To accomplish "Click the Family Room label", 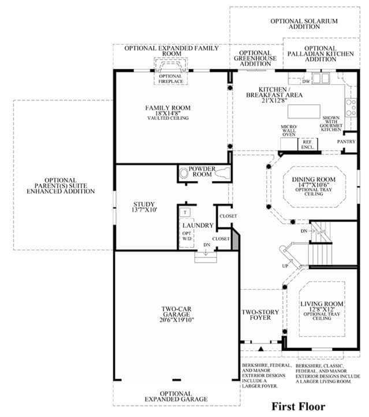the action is (x=168, y=113).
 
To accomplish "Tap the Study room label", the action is (x=145, y=207).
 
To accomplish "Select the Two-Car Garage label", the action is (x=177, y=315).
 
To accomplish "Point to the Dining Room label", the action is (x=314, y=186).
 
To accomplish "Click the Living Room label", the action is (x=322, y=311).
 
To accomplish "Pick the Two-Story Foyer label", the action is (x=260, y=315).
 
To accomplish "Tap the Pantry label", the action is (x=346, y=142).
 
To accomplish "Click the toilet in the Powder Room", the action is (x=222, y=173).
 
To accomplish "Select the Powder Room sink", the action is (x=184, y=173).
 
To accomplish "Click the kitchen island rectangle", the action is (x=304, y=111).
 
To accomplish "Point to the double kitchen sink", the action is (x=320, y=78).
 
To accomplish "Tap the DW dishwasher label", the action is (x=306, y=82).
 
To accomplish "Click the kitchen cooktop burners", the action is (x=351, y=108).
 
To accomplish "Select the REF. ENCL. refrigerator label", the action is (x=307, y=145).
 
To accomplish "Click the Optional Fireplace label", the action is (x=171, y=79).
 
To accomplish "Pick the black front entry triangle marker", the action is (x=261, y=348).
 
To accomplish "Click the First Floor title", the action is (x=299, y=407).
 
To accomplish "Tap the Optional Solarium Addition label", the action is (x=304, y=24).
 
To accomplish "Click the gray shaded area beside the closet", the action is (x=236, y=239).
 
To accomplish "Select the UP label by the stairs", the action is (x=285, y=265).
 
